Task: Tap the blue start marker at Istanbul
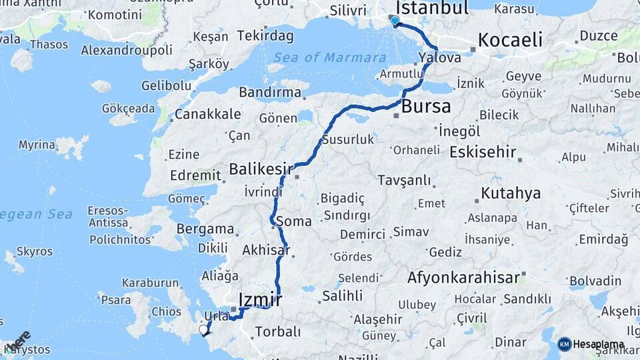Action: tap(395, 21)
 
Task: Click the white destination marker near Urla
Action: tap(203, 329)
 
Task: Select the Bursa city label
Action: tap(426, 105)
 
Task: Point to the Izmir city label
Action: tap(261, 299)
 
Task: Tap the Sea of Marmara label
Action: tap(327, 57)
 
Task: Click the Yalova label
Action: tap(441, 58)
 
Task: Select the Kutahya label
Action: tap(511, 193)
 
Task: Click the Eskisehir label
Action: tap(483, 152)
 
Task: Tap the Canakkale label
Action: tap(207, 114)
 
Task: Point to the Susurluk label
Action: tap(347, 140)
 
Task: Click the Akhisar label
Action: tap(267, 251)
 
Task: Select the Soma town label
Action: tap(293, 221)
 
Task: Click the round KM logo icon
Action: tap(565, 344)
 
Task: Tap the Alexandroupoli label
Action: tap(127, 50)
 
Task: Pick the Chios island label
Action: tap(167, 311)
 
